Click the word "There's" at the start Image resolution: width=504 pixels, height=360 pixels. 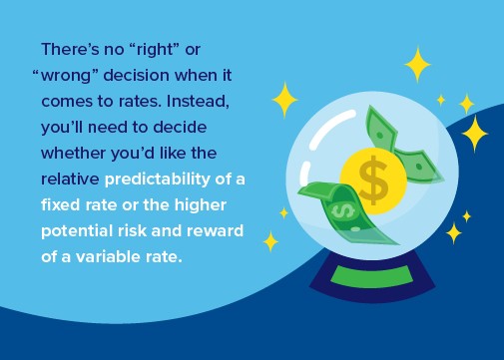click(x=70, y=50)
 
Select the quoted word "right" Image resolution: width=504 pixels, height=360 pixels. click(x=154, y=50)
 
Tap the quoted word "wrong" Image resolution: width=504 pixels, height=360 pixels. click(x=66, y=76)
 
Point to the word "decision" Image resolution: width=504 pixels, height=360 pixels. click(x=137, y=75)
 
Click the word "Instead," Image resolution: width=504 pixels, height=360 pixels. click(x=198, y=102)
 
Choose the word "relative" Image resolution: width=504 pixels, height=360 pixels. click(x=70, y=180)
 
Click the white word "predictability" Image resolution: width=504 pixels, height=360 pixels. click(x=158, y=180)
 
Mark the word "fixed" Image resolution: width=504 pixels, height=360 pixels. click(x=61, y=204)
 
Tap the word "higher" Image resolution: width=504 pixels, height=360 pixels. click(x=201, y=205)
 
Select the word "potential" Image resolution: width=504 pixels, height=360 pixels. click(x=77, y=231)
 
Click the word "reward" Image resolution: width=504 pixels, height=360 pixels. click(x=215, y=231)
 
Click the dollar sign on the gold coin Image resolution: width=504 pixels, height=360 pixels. click(x=373, y=180)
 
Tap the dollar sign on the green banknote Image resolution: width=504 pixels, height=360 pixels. click(x=343, y=211)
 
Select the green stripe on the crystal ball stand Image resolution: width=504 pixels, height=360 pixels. click(x=372, y=276)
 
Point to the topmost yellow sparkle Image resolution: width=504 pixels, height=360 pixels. click(x=417, y=64)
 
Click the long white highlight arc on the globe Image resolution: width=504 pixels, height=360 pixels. click(x=329, y=127)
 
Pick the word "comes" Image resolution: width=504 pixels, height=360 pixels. click(x=67, y=102)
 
